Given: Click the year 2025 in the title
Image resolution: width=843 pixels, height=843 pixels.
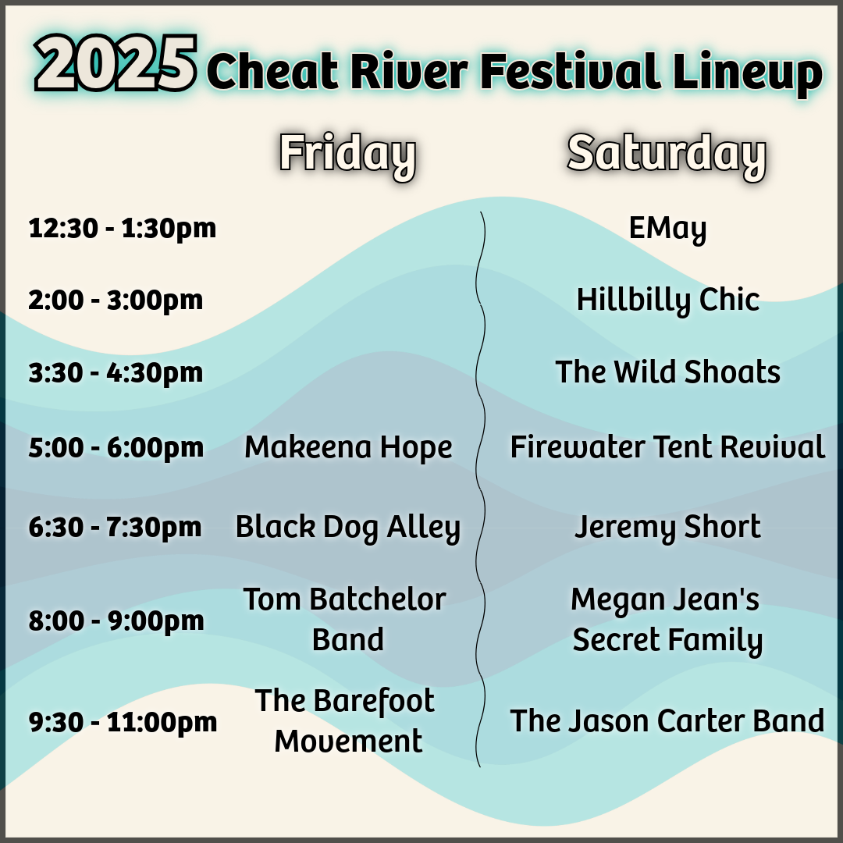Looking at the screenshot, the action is [116, 63].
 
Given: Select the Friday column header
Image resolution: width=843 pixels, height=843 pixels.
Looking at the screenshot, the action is [348, 155].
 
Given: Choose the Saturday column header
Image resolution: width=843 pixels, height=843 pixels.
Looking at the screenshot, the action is [667, 155].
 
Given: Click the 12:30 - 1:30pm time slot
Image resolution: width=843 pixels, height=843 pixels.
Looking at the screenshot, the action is [122, 229].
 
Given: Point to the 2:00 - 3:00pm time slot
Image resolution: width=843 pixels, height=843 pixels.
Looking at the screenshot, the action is [116, 300].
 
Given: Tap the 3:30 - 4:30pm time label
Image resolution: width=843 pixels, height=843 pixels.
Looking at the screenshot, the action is [116, 372].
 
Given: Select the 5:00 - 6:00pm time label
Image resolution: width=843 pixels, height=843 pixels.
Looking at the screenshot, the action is [116, 447].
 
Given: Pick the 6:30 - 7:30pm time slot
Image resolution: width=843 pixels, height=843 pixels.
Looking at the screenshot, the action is [115, 527].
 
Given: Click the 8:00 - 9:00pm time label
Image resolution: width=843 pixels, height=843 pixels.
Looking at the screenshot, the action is [116, 621].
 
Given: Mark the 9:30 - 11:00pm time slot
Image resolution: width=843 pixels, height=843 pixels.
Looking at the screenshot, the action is [123, 722].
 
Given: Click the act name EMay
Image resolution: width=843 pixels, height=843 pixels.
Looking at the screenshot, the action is [667, 229].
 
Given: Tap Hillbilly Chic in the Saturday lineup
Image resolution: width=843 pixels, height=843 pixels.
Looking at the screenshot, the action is [667, 300].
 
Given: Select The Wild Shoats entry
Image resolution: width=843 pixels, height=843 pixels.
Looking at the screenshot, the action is [667, 372].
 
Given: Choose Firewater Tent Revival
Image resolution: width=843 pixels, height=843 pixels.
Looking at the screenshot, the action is [667, 446].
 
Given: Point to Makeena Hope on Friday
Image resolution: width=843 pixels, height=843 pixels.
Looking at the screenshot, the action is [348, 447].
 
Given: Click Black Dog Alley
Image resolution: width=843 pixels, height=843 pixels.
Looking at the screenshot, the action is [348, 528].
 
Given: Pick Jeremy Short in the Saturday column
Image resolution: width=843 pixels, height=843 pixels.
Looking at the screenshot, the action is [667, 527].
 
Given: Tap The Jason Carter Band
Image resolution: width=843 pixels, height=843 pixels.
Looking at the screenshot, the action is [667, 721].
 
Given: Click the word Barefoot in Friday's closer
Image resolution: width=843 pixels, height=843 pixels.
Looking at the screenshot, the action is [374, 701].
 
